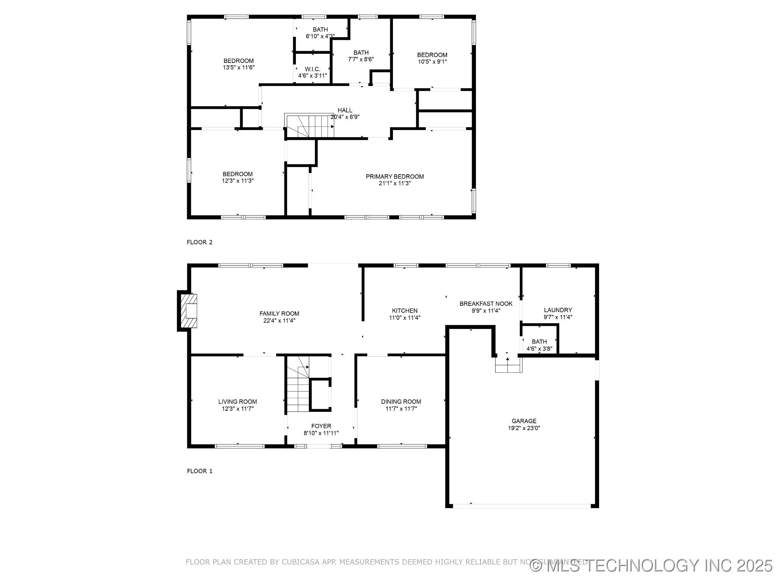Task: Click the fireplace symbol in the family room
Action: (188, 311)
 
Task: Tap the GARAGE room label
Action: (524, 421)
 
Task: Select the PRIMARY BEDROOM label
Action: (394, 177)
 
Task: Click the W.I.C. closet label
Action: (313, 69)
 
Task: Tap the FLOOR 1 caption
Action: (200, 471)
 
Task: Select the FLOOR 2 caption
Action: (200, 242)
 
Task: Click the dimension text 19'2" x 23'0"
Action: (524, 428)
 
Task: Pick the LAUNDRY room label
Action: (558, 310)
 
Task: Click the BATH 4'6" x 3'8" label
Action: (539, 345)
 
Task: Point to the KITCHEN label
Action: (405, 311)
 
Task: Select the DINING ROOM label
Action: (401, 402)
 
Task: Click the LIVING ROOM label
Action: (238, 402)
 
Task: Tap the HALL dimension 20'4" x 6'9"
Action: (345, 117)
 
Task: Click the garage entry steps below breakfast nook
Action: (508, 368)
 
